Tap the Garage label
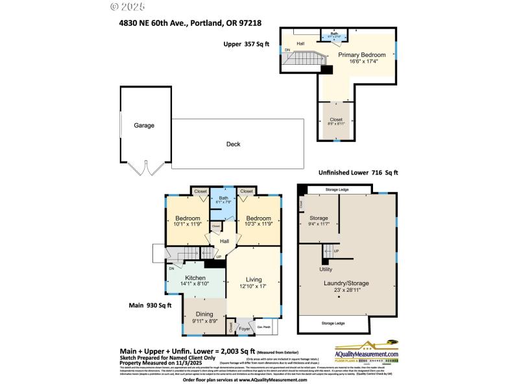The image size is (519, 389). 144,125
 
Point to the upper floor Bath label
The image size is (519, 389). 334,33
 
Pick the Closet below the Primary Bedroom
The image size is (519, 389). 336,119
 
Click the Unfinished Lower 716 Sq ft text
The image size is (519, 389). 357,172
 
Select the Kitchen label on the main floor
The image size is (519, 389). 195,277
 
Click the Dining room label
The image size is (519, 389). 204,314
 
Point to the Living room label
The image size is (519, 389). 253,279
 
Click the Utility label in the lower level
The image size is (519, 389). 326,269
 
